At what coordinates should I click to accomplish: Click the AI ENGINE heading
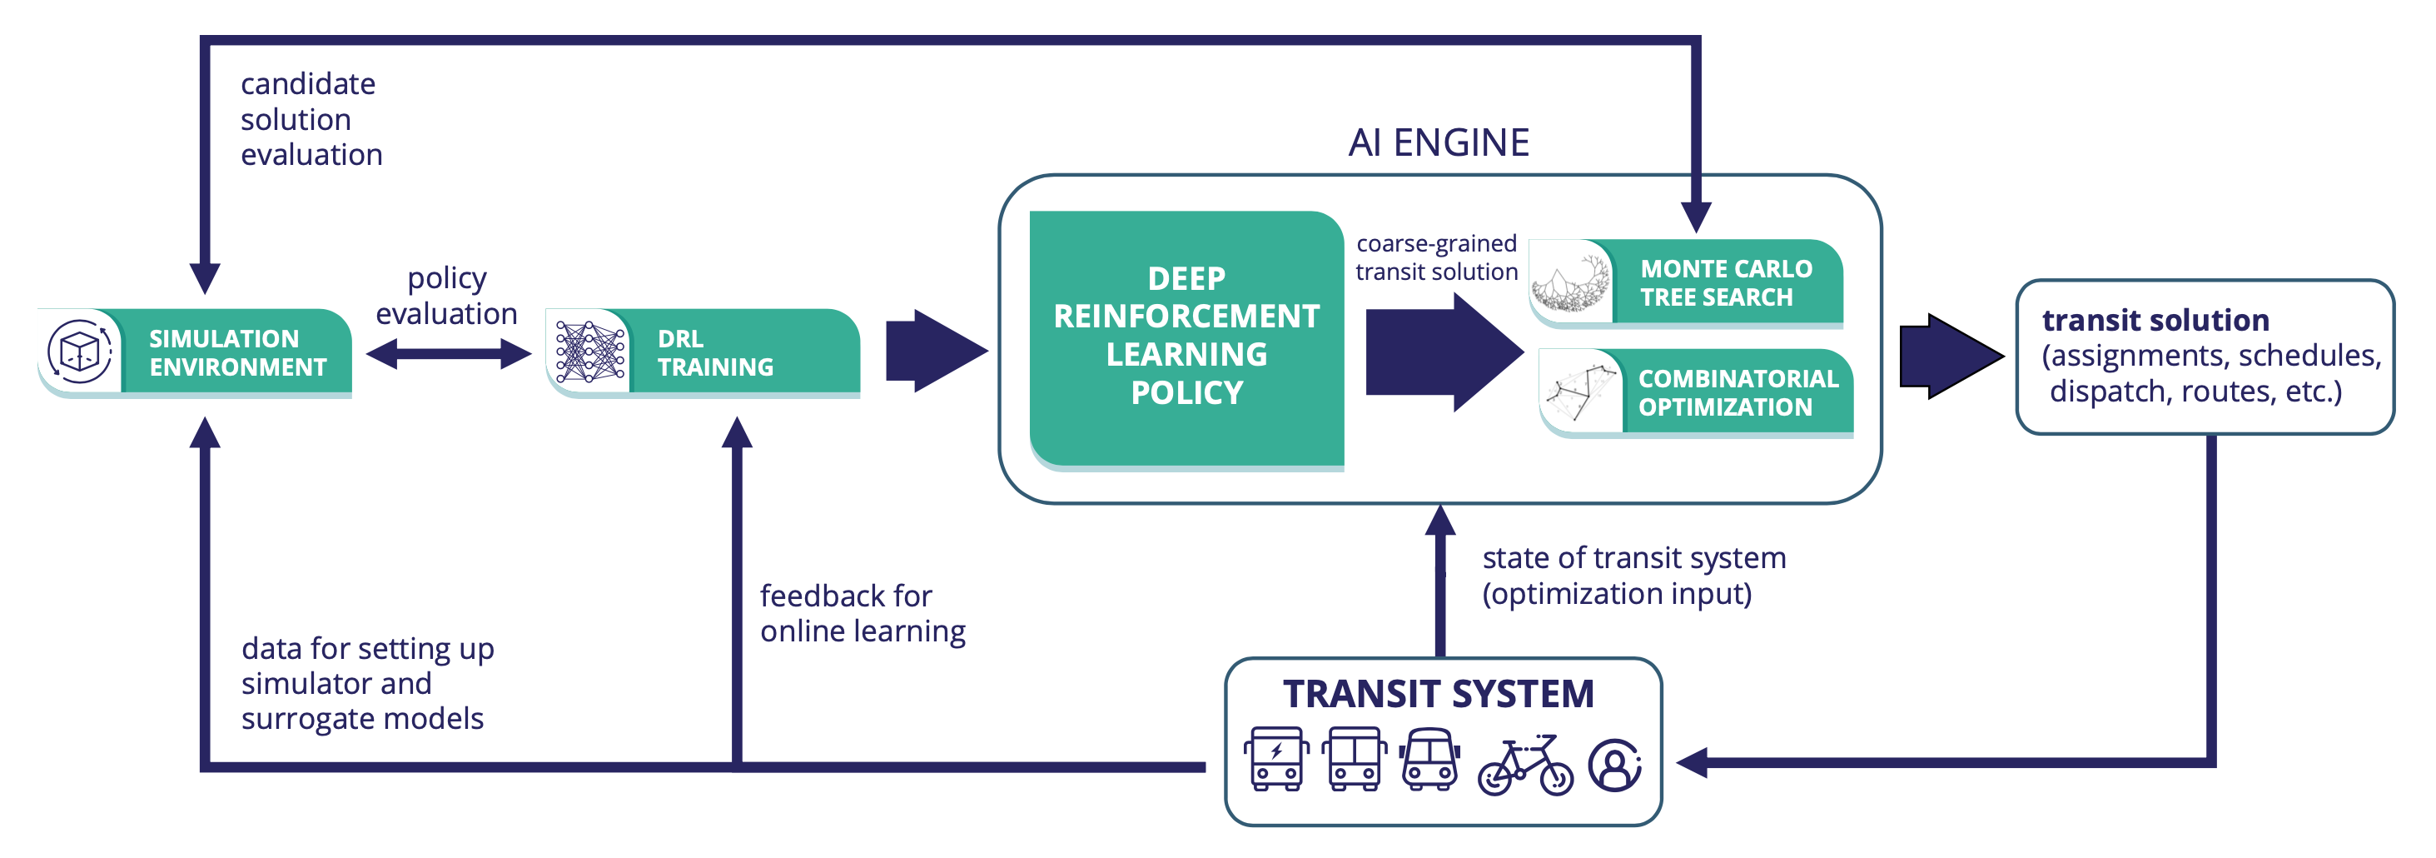click(1438, 142)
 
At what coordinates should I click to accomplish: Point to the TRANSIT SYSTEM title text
click(1438, 693)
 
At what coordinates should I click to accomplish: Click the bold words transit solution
click(2155, 320)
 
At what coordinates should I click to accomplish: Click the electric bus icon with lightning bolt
click(1275, 759)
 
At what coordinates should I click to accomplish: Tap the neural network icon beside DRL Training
click(590, 352)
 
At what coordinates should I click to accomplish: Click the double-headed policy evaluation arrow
click(448, 354)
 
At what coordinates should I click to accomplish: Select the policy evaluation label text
click(446, 295)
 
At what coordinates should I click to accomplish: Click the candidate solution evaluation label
click(311, 119)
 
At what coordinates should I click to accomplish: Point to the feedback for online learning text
click(862, 613)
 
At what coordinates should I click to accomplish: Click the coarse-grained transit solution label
click(1435, 257)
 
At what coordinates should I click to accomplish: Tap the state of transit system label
click(1633, 575)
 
